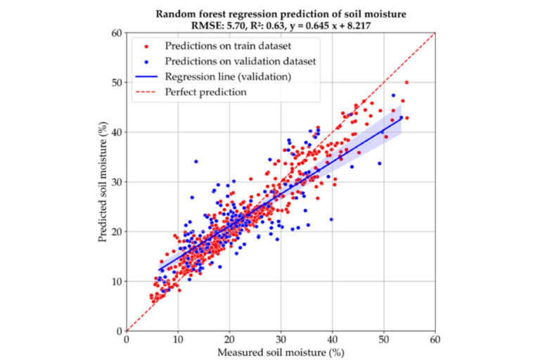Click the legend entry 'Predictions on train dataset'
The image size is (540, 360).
(224, 46)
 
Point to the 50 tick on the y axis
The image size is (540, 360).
(117, 82)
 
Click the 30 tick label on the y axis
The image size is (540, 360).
(117, 181)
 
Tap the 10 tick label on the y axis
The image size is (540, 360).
(117, 281)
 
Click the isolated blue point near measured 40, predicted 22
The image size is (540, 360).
(331, 219)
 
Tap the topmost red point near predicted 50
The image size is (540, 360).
(406, 82)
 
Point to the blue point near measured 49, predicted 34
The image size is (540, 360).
(380, 163)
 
